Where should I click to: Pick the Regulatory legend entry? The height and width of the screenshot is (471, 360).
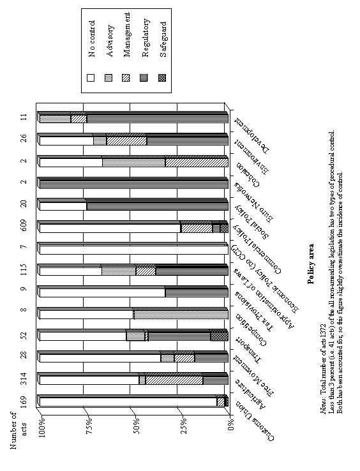(x=146, y=46)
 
